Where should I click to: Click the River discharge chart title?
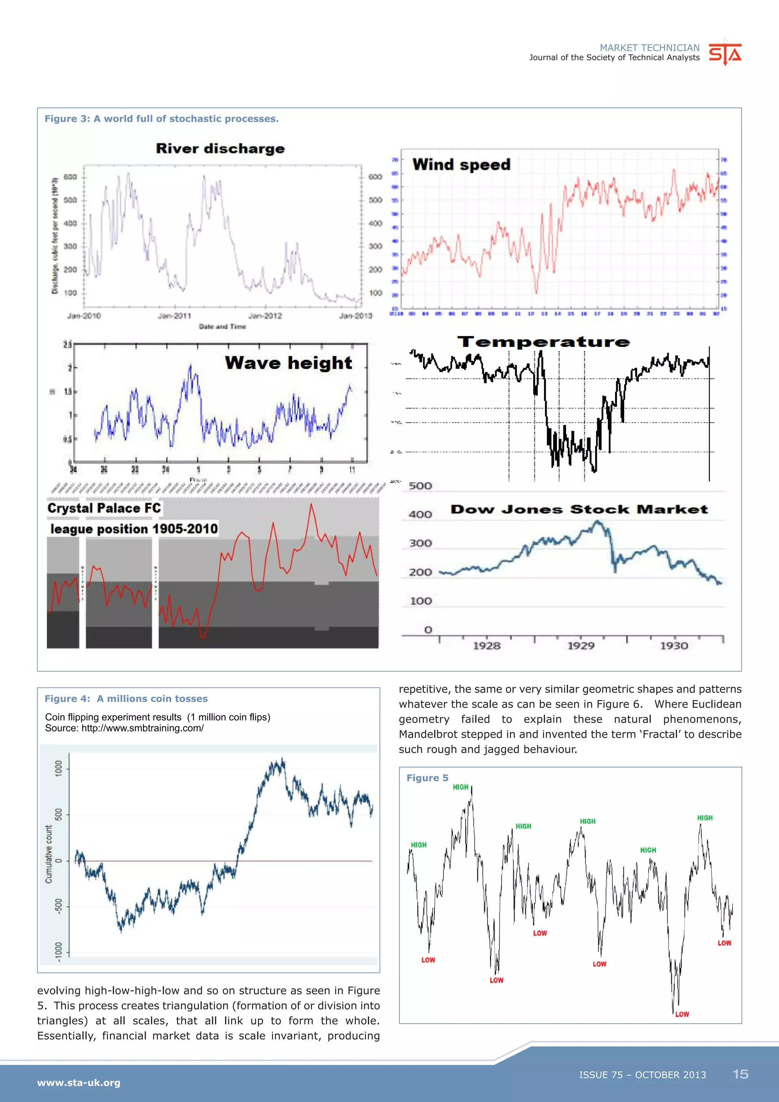point(220,148)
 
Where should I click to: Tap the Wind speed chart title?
point(461,165)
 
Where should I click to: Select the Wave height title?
point(288,363)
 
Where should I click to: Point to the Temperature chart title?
point(543,342)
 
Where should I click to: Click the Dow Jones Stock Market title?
point(579,509)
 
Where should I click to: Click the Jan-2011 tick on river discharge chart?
point(175,316)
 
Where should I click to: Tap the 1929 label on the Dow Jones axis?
point(580,646)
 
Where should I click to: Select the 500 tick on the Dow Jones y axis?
point(420,486)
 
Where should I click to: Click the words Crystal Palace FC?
point(104,508)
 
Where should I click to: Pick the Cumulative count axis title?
point(48,854)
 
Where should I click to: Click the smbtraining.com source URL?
point(143,728)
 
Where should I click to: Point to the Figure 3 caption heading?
point(162,119)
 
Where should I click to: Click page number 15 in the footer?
point(740,1074)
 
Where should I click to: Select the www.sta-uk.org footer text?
point(79,1082)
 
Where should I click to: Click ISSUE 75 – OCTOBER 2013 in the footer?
point(642,1075)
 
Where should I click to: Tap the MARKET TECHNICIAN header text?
point(650,48)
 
